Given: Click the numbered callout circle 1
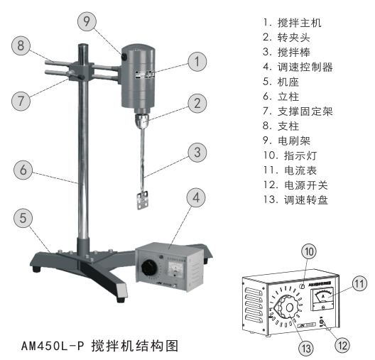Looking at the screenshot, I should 196,62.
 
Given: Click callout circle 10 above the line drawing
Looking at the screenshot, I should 308,252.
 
